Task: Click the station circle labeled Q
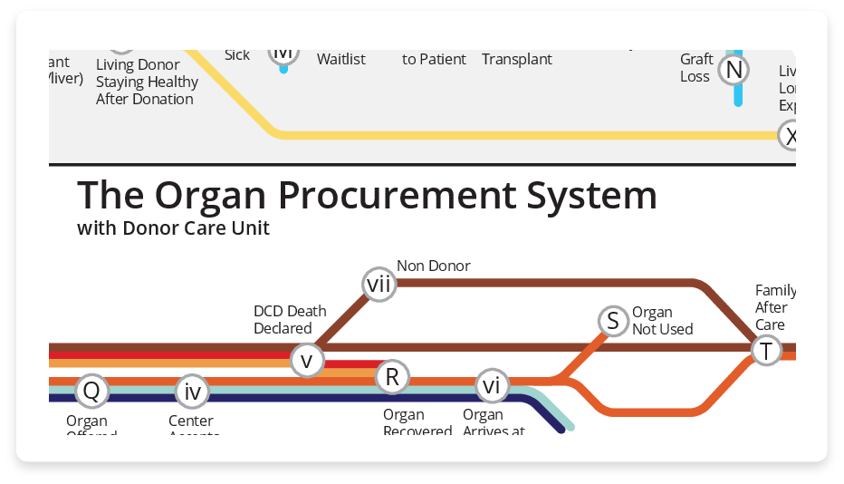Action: coord(91,392)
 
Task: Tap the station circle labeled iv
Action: coord(192,392)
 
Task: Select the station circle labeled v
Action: coord(306,360)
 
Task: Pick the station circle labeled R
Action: coord(391,376)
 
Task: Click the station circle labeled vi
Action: coord(491,385)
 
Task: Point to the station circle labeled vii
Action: coord(379,285)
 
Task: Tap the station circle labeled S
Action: coord(613,320)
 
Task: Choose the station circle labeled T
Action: coord(766,351)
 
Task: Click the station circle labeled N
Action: coord(734,70)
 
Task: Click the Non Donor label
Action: coord(433,266)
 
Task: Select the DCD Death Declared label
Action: coord(289,320)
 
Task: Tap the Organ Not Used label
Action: coord(662,321)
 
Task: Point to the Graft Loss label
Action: coord(695,68)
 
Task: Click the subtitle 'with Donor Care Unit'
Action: coord(173,227)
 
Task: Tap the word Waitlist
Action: coord(341,59)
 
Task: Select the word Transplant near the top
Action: coord(516,59)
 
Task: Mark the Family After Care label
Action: coord(775,307)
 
